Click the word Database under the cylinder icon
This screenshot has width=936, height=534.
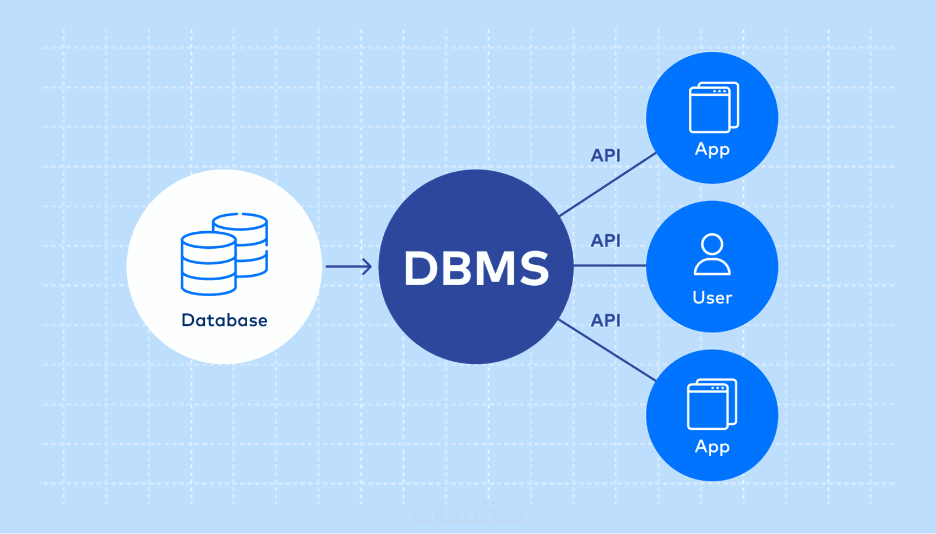tap(224, 320)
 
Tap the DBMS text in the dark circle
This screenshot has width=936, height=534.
tap(476, 268)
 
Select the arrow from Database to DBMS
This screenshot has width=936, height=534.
tap(349, 267)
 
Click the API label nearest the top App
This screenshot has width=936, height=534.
tap(605, 156)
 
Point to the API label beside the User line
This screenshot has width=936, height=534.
tap(605, 241)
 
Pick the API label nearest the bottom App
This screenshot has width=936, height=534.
tap(605, 320)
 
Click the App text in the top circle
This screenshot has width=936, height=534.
tap(712, 149)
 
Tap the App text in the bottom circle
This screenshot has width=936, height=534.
tap(712, 446)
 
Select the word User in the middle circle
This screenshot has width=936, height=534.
tap(712, 298)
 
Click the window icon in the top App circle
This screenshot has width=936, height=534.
tap(713, 108)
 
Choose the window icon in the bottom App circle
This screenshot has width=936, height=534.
tap(712, 405)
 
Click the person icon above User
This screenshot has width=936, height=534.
tap(712, 255)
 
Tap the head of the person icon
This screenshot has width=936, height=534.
tap(712, 244)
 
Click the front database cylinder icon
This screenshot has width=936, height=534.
tap(209, 264)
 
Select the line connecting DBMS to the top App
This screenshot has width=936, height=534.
tap(607, 184)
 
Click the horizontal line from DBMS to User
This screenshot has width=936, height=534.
tap(610, 266)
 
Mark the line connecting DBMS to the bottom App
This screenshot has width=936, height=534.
tap(607, 350)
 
